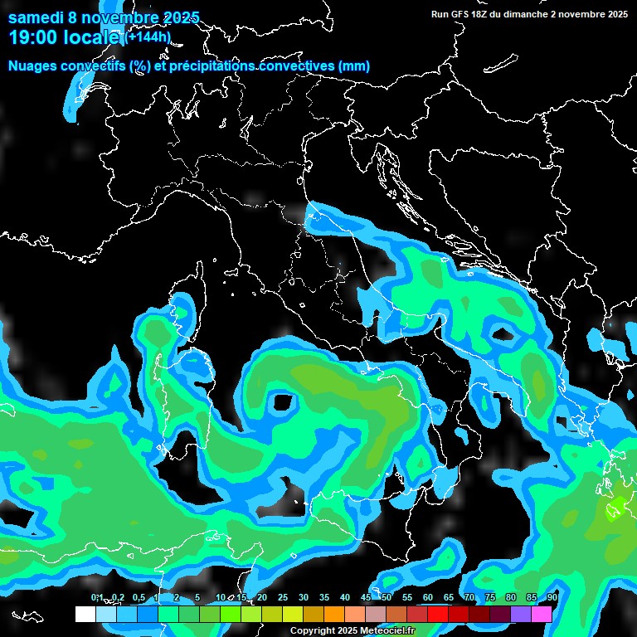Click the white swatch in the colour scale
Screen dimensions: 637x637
click(85, 614)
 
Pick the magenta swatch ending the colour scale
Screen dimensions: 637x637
click(542, 614)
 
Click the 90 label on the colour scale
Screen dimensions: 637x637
click(552, 597)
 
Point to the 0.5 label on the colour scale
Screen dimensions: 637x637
click(138, 597)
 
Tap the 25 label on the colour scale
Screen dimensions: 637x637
click(283, 597)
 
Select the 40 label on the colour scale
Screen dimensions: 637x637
click(345, 597)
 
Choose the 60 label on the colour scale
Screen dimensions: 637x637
click(428, 597)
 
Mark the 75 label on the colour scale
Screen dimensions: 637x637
click(490, 597)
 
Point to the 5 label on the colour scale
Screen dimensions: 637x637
click(197, 597)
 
